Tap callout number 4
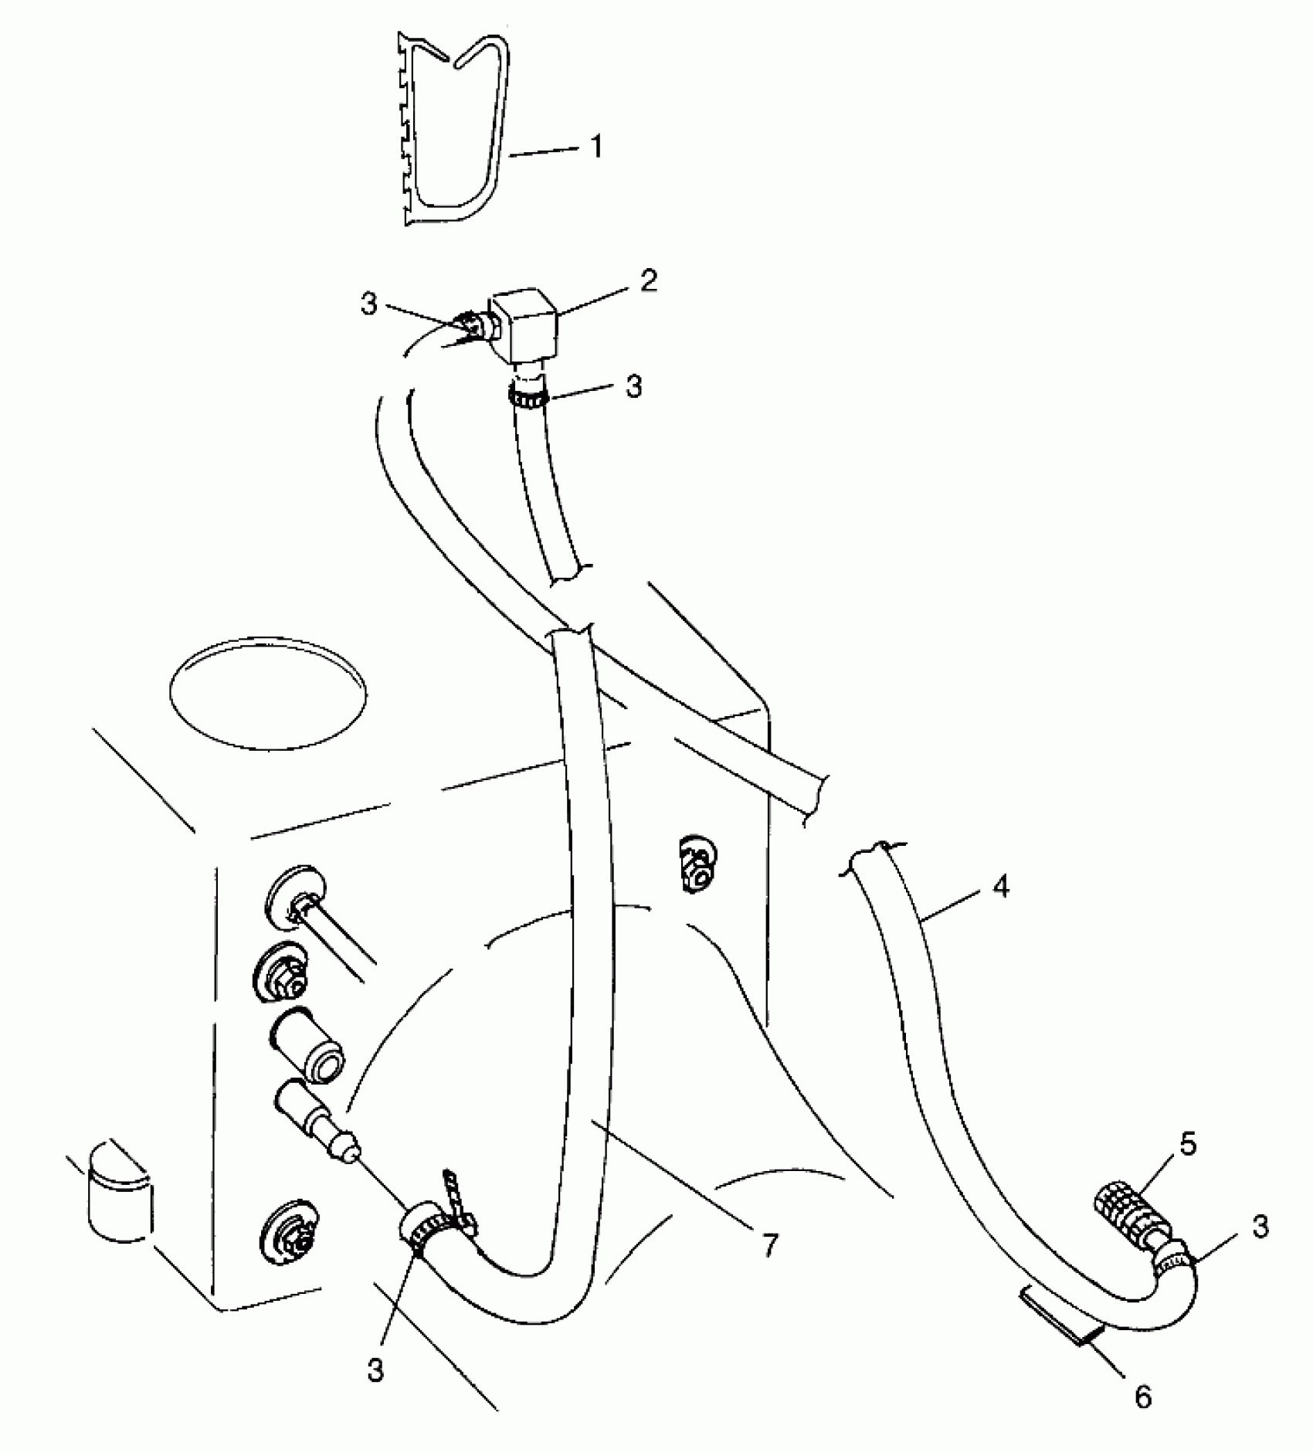pos(1000,888)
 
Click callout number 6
pos(1143,1397)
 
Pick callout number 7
pos(769,1244)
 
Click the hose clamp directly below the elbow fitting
pos(528,399)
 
